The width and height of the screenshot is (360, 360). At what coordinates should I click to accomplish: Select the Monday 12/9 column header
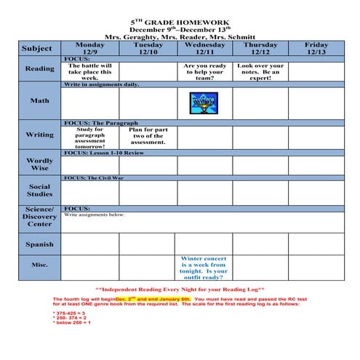tap(90, 48)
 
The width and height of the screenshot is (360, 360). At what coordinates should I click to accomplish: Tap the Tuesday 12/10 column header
tap(148, 48)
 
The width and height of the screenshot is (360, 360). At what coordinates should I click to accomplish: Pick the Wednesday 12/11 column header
tap(204, 48)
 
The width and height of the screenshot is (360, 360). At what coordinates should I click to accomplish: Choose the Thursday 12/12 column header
tap(260, 48)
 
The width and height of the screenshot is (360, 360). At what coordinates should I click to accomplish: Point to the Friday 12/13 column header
tap(316, 48)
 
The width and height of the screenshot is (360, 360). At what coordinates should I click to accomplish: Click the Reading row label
tap(40, 69)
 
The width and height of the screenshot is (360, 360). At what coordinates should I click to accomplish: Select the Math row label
tap(40, 100)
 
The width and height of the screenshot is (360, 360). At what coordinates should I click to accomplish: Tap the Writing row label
tap(40, 135)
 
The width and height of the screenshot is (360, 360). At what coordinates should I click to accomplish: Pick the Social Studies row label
tap(40, 190)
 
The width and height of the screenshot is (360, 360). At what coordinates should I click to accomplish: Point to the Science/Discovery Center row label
tap(40, 216)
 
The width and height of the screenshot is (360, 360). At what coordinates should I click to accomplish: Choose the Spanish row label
tap(40, 244)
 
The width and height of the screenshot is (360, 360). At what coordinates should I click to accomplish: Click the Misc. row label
tap(40, 265)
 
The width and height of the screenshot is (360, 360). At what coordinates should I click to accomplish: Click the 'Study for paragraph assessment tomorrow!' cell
tap(90, 137)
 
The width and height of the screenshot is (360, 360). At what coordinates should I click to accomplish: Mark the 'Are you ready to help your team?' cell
tap(204, 72)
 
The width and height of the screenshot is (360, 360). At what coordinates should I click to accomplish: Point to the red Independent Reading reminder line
tap(180, 289)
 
